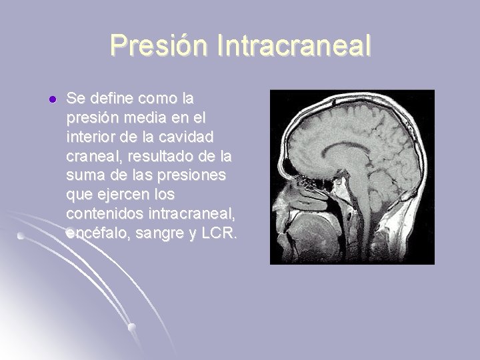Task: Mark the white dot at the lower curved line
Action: tap(133, 327)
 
